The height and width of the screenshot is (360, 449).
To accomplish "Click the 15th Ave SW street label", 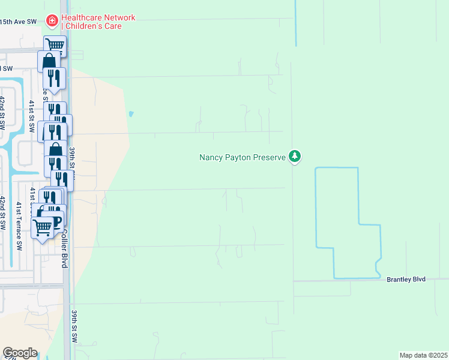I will click(18, 22).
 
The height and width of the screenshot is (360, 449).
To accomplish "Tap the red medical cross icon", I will click(52, 22).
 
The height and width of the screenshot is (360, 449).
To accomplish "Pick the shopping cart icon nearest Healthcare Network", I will click(55, 44).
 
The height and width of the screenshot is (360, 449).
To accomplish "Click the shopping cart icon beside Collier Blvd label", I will click(43, 227).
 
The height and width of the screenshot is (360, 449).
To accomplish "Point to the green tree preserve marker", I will click(294, 157).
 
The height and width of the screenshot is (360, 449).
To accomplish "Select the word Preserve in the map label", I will click(270, 157).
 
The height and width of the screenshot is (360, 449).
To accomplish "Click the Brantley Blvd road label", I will click(406, 280).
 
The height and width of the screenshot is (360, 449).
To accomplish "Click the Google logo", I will click(20, 353).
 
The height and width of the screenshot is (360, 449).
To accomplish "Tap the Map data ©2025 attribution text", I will click(423, 355).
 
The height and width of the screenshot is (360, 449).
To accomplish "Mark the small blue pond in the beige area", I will click(131, 113).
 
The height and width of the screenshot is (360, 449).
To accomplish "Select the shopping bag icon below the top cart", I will click(48, 62).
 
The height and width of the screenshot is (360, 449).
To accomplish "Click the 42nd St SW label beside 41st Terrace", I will click(3, 213).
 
